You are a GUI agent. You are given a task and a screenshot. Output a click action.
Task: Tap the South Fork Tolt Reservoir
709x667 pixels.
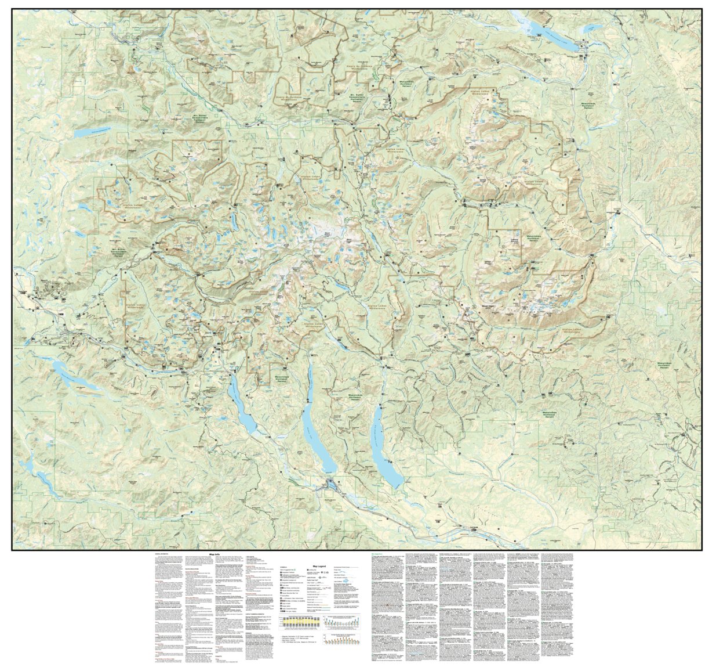(x=85, y=133)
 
